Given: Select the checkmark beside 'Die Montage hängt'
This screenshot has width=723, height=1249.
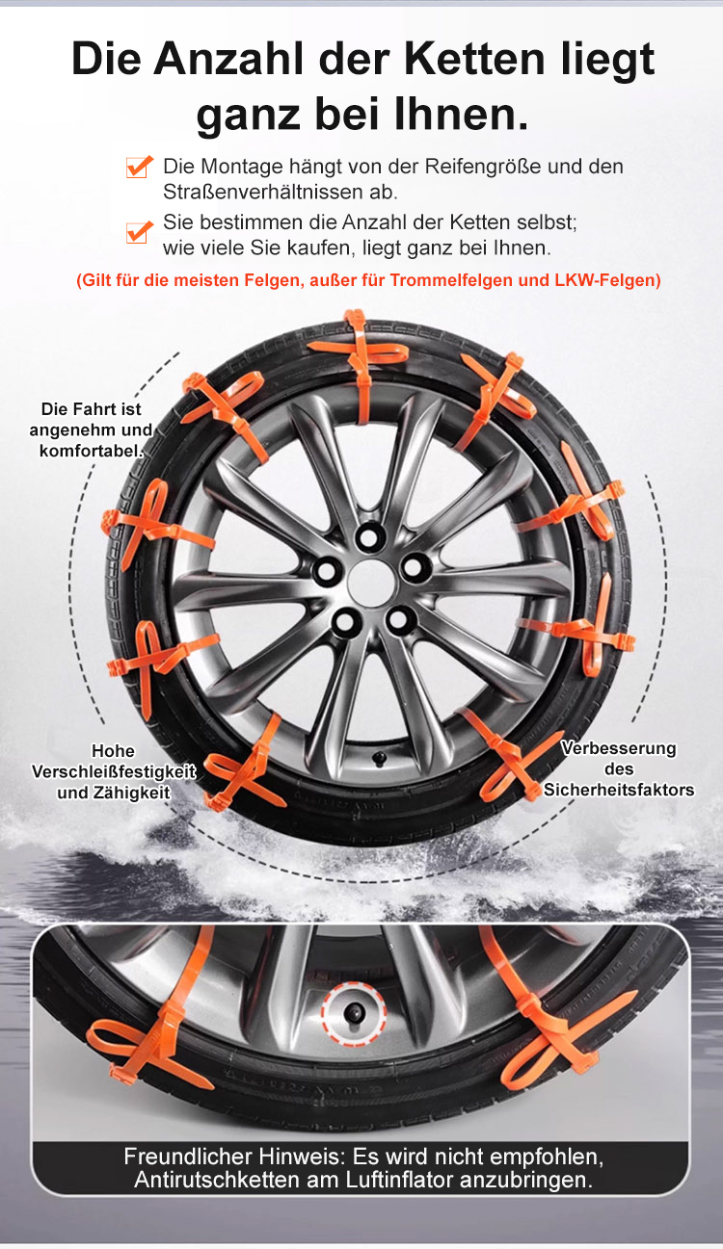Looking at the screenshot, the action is tap(140, 167).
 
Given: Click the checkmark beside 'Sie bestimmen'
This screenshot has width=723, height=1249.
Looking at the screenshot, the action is tap(140, 232).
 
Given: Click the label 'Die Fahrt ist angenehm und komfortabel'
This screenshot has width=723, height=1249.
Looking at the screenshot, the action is tap(91, 429).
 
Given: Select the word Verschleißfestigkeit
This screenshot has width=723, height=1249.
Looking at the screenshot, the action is tap(114, 771).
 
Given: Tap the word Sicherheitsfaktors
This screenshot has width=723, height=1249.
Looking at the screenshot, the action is tap(619, 790).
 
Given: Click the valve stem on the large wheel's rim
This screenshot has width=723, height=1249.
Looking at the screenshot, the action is tap(381, 759).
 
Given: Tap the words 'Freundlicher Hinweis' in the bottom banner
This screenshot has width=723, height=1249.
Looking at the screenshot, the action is tap(234, 1157).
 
